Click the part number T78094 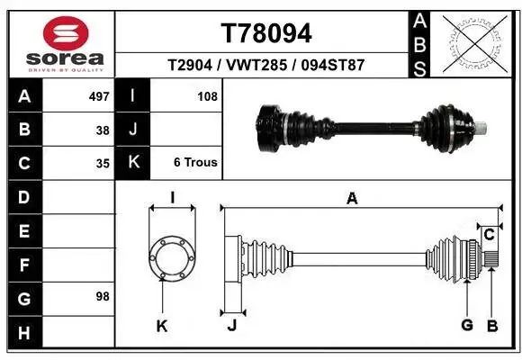(x=266, y=33)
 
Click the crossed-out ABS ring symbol (x=479, y=42)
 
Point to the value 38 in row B (x=102, y=130)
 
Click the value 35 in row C (x=102, y=164)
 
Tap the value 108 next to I (x=207, y=95)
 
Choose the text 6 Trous (x=195, y=163)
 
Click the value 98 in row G (x=102, y=295)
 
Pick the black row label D (x=23, y=195)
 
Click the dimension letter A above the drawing (x=352, y=199)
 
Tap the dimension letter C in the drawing (x=489, y=235)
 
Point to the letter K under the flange (x=162, y=326)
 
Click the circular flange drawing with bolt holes (x=170, y=259)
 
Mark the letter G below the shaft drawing (x=466, y=326)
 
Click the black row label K (x=133, y=163)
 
